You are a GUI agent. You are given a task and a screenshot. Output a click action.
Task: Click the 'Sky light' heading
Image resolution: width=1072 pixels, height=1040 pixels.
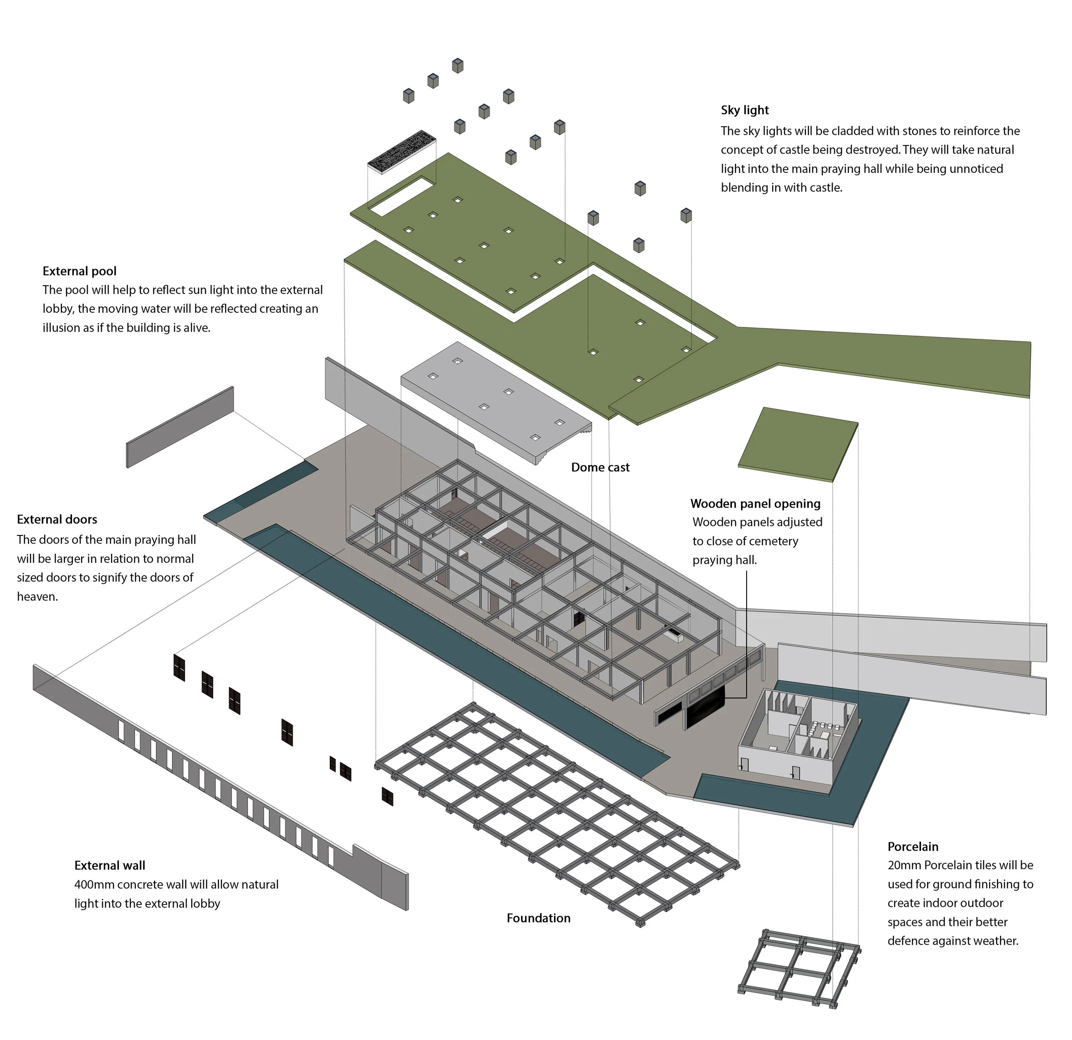pos(744,110)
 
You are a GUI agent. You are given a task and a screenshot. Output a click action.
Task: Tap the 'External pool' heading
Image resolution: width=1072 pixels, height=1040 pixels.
pos(79,271)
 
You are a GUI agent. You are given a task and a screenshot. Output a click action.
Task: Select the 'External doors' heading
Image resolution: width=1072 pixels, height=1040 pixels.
pos(57,520)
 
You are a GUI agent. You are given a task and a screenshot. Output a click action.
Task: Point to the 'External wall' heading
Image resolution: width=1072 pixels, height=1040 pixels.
pos(109,865)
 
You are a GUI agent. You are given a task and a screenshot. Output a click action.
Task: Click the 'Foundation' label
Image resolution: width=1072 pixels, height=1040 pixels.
pos(538,918)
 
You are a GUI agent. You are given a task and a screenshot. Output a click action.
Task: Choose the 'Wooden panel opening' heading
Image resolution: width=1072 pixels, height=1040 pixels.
pos(755,504)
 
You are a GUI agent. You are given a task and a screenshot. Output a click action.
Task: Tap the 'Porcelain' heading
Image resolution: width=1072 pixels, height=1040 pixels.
pos(913,847)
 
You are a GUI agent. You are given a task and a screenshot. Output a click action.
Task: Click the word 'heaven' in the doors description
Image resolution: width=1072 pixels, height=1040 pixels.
pos(36,597)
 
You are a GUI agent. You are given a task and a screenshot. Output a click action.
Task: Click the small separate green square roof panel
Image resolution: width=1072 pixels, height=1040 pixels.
pos(798,444)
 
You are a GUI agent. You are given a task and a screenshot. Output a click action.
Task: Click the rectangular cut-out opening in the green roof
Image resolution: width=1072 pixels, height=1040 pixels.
pos(401,195)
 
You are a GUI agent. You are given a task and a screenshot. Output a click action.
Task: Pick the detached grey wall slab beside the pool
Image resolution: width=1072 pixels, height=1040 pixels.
pos(180,427)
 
